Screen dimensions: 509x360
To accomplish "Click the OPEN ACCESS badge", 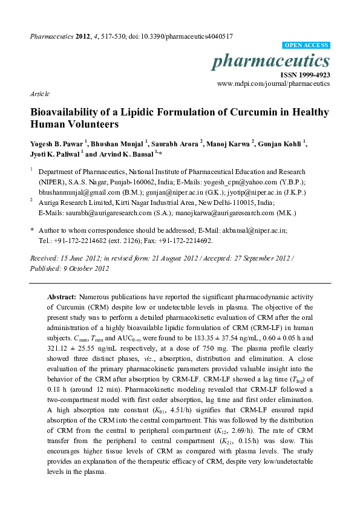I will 307,45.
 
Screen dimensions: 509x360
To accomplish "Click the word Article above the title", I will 40,94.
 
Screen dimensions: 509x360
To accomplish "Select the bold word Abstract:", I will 62,298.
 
